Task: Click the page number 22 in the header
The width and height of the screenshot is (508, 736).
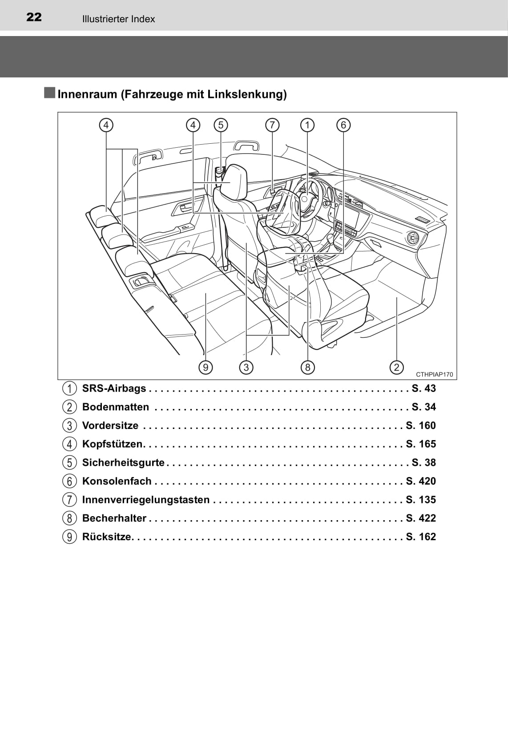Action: (34, 17)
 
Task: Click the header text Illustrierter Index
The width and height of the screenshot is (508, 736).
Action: (118, 19)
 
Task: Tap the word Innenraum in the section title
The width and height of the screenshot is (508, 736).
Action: (87, 94)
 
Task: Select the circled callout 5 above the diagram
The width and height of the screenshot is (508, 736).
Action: (221, 125)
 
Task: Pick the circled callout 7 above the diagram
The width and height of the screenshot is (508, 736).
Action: (272, 125)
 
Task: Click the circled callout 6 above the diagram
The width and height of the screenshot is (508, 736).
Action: (343, 125)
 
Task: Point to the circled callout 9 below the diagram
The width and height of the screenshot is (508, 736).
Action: (206, 367)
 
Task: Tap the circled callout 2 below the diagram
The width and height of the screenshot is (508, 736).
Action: (396, 367)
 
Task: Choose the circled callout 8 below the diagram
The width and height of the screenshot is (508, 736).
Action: (307, 367)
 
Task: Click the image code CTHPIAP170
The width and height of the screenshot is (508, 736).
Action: (434, 375)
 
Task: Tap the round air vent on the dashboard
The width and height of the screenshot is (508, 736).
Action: (413, 239)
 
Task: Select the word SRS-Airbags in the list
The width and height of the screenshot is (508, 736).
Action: (114, 388)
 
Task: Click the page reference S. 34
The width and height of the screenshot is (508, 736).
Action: (423, 407)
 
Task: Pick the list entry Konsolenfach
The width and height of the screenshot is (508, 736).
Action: (117, 481)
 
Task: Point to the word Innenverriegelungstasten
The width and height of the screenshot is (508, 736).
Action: (145, 500)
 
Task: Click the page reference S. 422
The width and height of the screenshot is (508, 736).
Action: (421, 518)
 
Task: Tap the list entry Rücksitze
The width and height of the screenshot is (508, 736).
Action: (107, 537)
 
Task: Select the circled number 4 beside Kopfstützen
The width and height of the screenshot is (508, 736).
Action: (69, 444)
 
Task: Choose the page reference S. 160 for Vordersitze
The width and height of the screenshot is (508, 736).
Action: (421, 425)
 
